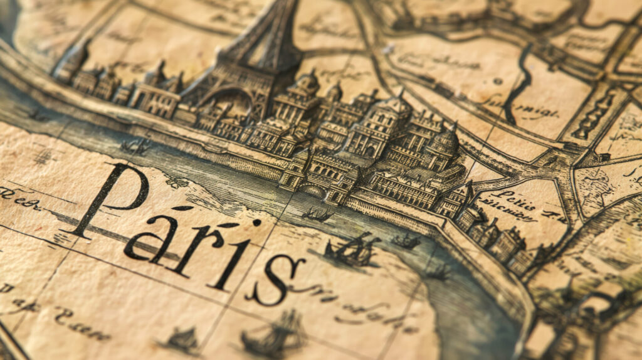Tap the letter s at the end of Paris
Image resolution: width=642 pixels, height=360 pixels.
pos(275,279)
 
